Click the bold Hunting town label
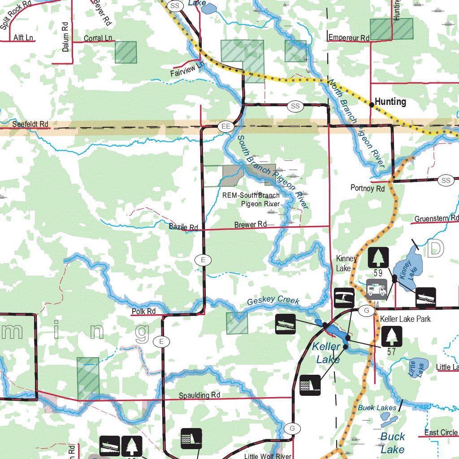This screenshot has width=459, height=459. point(390,102)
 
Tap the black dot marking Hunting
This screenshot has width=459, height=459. point(372,105)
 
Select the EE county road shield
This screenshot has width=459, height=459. point(226,127)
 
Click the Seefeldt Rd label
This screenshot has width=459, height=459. point(30,124)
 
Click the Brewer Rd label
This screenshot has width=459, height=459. point(251,224)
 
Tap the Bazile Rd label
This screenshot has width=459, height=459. point(183,227)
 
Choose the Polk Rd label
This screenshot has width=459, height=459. point(143,311)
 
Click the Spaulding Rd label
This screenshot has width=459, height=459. point(199,395)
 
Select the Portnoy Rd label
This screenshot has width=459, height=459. point(368,189)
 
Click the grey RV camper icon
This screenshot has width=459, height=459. point(377,289)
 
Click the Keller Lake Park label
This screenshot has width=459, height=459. point(405,319)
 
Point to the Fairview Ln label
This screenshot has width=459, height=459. point(187,69)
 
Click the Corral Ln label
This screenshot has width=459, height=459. point(98,39)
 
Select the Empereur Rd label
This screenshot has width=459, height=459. point(349,38)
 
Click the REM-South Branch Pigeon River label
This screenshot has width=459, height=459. point(251,199)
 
